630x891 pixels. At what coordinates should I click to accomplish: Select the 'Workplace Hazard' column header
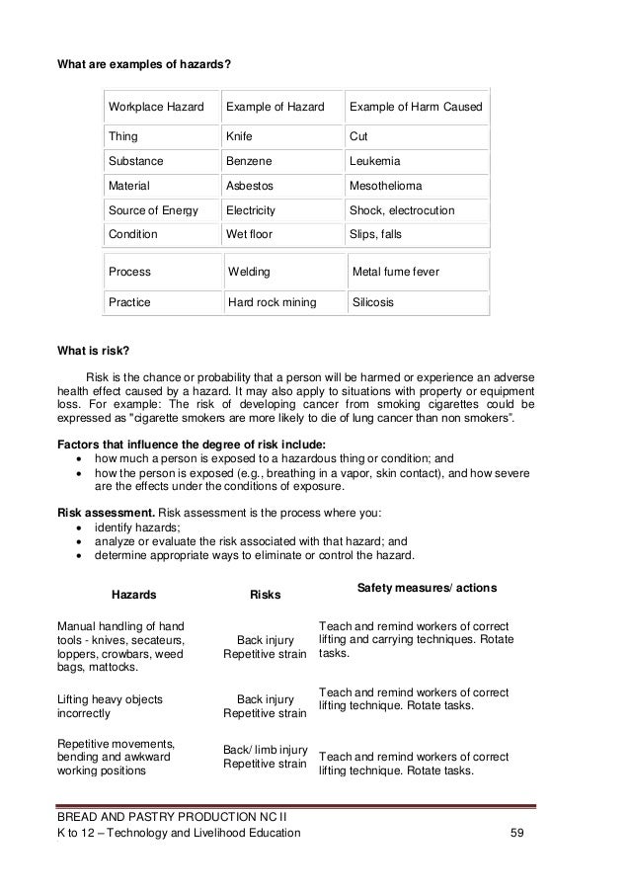(156, 106)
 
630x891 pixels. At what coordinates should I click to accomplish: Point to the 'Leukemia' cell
(376, 160)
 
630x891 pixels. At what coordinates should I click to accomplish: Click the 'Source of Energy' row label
(153, 210)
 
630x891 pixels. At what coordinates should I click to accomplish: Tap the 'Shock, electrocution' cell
(402, 210)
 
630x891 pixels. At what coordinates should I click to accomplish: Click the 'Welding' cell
(249, 271)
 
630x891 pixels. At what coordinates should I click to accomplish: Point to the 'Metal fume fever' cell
(396, 271)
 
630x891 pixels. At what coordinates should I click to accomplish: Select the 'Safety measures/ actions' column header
(426, 588)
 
